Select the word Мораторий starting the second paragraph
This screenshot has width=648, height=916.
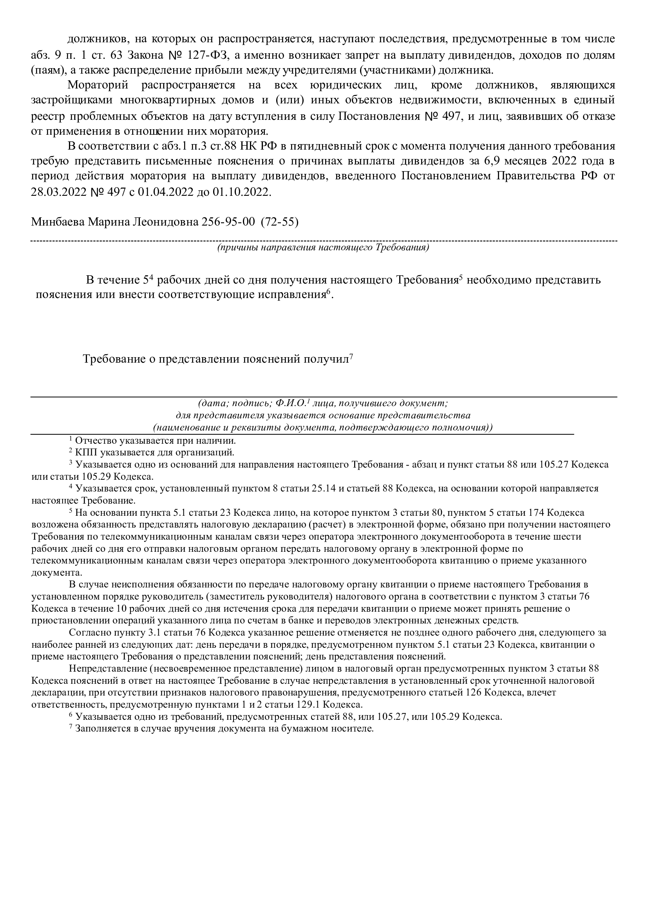point(98,85)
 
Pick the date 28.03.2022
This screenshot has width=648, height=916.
point(59,192)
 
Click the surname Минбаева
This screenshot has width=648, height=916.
point(58,221)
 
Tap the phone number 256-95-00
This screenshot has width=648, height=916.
point(226,221)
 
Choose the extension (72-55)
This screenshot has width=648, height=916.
point(280,221)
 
